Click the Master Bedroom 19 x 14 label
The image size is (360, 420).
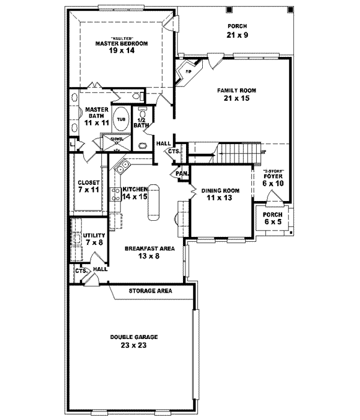pos(121,47)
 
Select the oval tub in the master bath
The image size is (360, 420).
pos(121,119)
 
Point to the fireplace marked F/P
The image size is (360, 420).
pos(187,71)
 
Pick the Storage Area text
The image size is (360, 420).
pos(151,291)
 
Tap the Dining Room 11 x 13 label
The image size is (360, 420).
pos(220,194)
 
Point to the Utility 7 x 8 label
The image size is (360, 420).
pos(95,239)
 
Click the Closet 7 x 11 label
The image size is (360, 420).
pos(88,186)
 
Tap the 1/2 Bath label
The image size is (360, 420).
pos(141,122)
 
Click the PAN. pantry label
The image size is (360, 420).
pos(182,173)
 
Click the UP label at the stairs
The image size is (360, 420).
pos(263,152)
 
